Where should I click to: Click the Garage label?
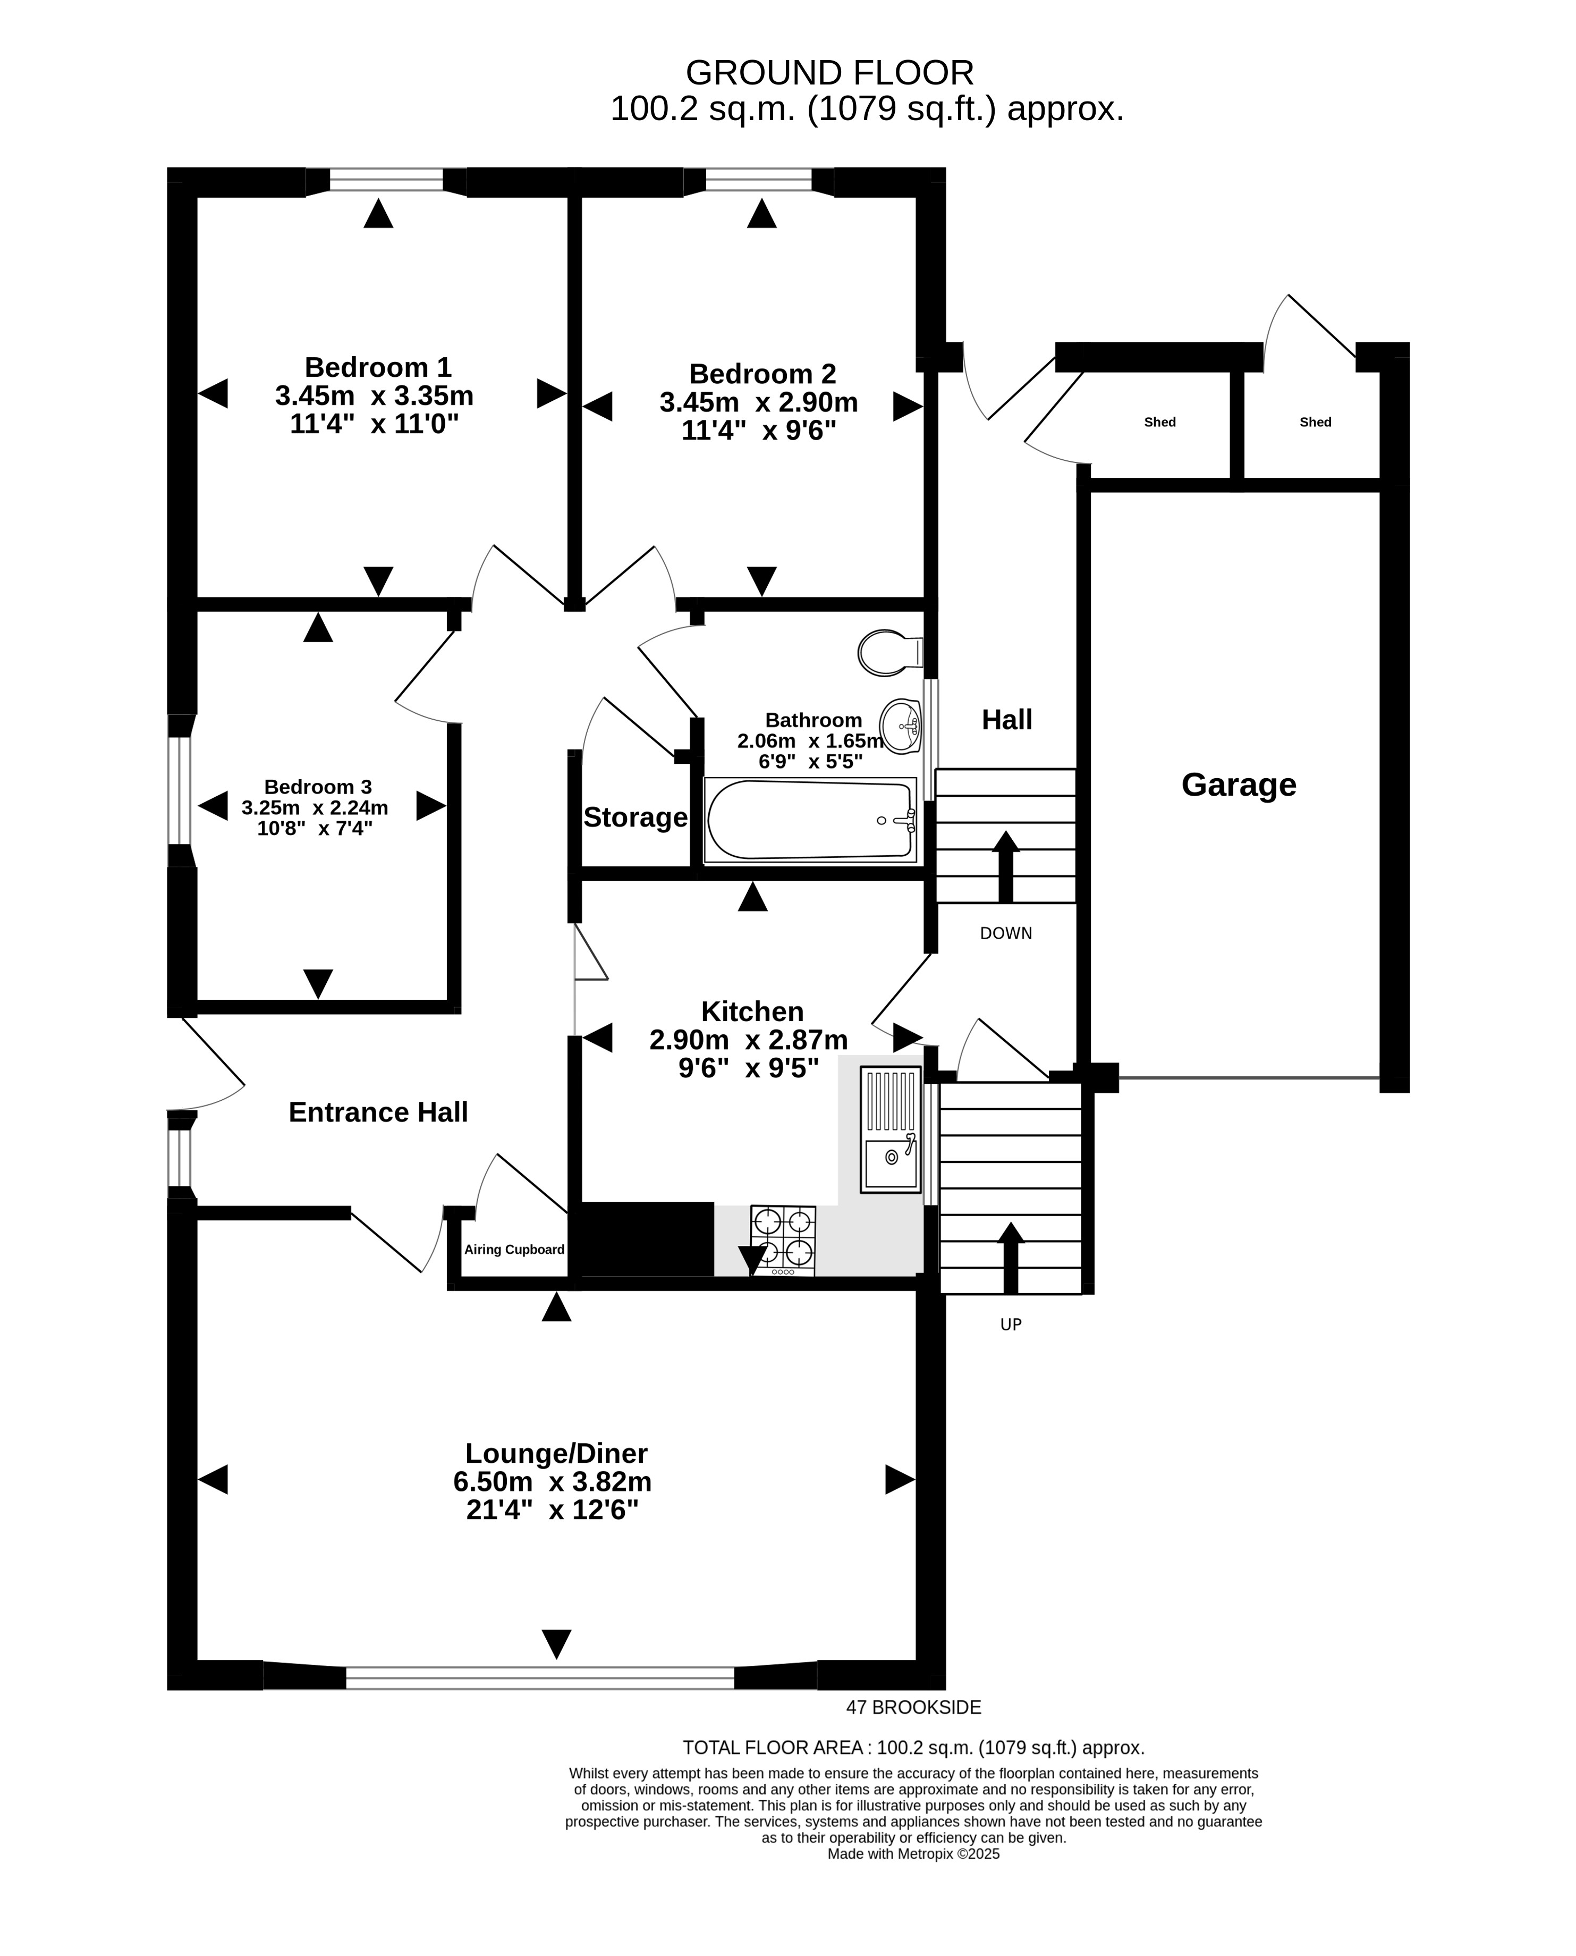click(1238, 785)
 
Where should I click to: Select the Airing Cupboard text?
click(515, 1250)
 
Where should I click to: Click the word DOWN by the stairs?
click(1006, 933)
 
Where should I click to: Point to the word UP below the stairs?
click(1011, 1325)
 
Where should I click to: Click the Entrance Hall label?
click(378, 1112)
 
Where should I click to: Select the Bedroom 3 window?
click(180, 791)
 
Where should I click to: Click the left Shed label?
click(1160, 422)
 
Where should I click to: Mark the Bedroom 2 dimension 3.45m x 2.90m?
click(758, 402)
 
